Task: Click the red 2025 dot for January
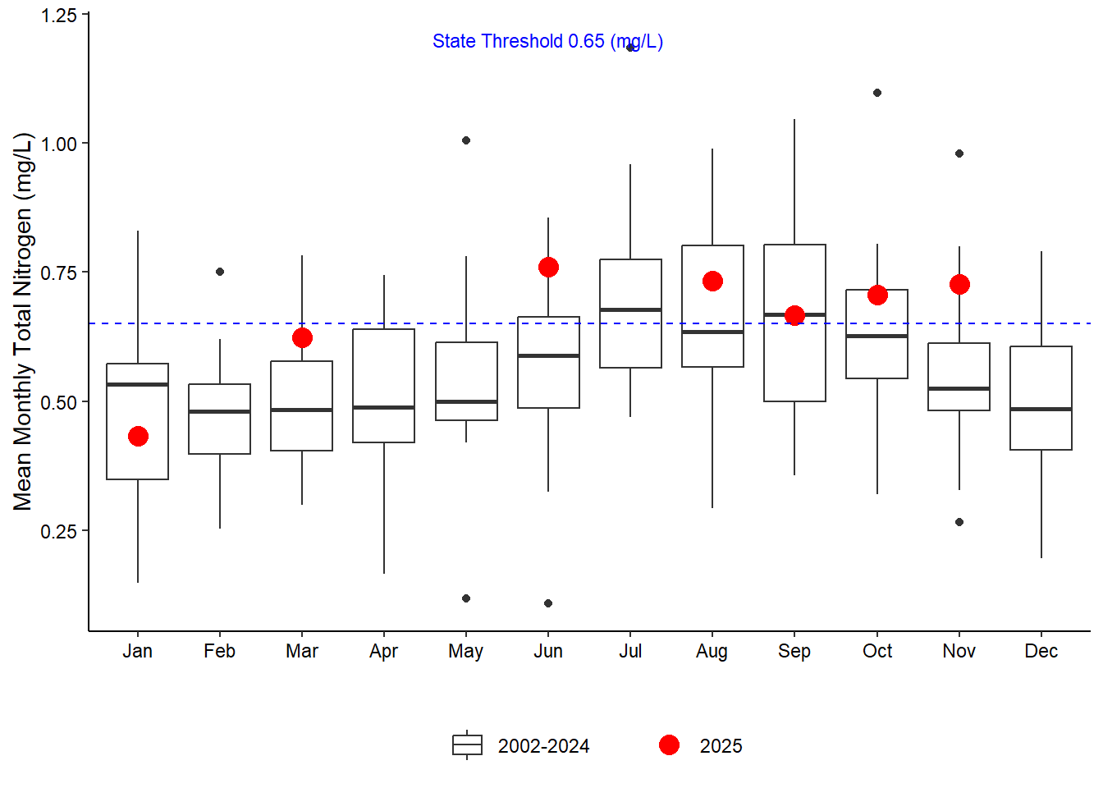[138, 436]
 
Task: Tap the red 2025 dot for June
[548, 267]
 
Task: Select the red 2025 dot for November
[959, 284]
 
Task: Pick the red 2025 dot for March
[302, 337]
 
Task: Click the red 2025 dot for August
[712, 281]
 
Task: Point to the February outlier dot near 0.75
[220, 272]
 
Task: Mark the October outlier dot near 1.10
[877, 93]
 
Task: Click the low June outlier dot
[548, 603]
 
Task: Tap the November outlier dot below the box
[959, 522]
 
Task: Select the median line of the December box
[1041, 409]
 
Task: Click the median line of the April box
[384, 407]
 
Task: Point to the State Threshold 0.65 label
[547, 41]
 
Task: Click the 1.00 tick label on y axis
[58, 144]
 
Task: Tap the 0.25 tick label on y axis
[58, 531]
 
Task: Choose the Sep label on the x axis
[794, 651]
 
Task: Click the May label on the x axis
[466, 651]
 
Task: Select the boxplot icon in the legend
[467, 745]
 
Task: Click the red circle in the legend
[669, 745]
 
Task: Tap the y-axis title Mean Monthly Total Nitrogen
[22, 322]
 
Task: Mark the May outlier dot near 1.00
[466, 140]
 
